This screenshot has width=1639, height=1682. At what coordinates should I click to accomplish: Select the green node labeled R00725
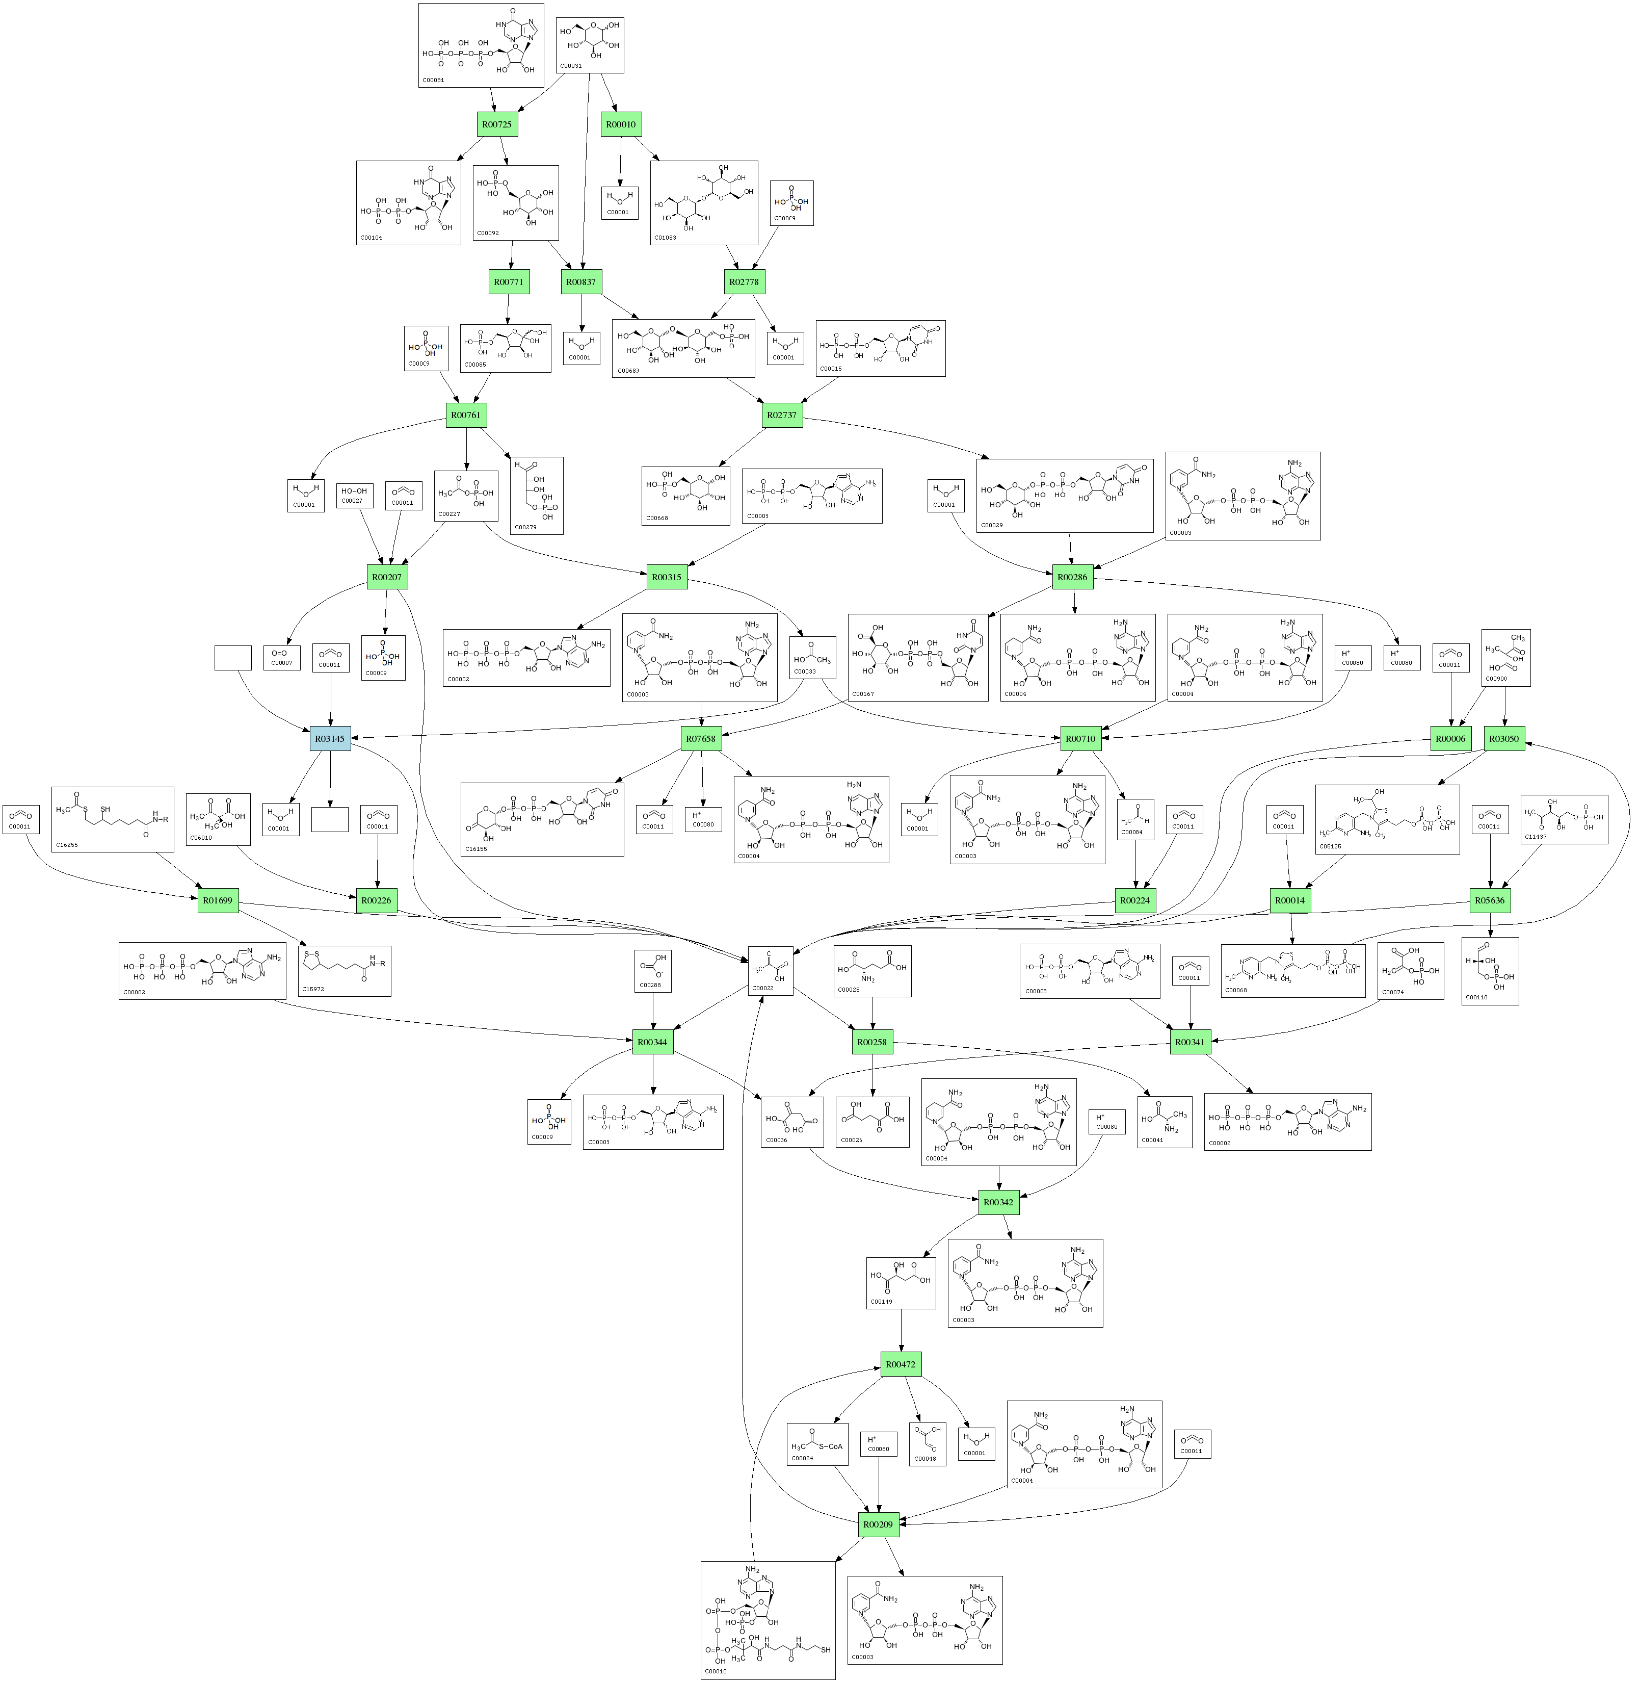(x=497, y=124)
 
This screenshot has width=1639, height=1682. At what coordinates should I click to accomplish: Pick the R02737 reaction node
(x=782, y=415)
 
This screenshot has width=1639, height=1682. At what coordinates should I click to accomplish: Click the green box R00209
(x=878, y=1523)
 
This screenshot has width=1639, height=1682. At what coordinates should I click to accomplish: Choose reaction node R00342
(x=998, y=1201)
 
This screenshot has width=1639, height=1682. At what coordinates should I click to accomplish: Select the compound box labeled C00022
(x=770, y=971)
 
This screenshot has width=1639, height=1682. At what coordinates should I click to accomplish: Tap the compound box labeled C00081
(x=481, y=45)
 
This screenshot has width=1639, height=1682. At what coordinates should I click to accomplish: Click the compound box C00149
(x=901, y=1282)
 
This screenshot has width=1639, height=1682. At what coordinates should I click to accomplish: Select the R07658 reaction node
(x=701, y=738)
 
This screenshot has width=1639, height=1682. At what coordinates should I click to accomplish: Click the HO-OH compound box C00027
(x=354, y=495)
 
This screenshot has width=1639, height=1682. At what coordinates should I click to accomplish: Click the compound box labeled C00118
(x=1489, y=971)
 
